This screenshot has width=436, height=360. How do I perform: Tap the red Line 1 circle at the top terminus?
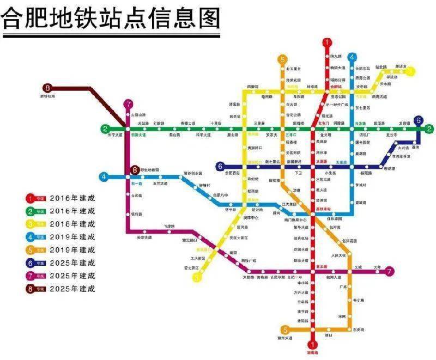click(327, 43)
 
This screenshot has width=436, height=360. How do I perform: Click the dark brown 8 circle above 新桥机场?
click(47, 88)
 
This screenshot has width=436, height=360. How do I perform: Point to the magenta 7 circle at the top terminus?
click(128, 105)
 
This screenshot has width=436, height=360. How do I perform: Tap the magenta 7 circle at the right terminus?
click(389, 271)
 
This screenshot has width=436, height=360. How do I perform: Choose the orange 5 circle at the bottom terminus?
click(284, 330)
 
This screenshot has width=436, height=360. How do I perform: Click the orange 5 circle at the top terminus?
click(282, 59)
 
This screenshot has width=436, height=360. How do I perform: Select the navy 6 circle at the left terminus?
click(220, 166)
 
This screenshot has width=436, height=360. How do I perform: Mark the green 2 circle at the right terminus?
click(429, 129)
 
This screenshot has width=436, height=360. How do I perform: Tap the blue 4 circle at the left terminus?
click(104, 176)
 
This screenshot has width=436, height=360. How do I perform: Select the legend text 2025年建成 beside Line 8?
click(72, 289)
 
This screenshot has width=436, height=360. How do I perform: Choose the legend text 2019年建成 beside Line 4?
click(72, 237)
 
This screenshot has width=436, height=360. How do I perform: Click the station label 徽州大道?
click(286, 339)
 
